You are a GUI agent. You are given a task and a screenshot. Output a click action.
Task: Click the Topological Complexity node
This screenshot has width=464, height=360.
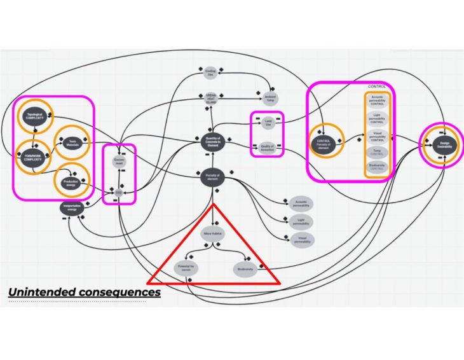coord(34,116)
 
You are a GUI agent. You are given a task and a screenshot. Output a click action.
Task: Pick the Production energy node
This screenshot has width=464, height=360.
coord(71,183)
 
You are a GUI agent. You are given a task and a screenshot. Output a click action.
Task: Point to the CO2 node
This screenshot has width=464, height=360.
coord(119,191)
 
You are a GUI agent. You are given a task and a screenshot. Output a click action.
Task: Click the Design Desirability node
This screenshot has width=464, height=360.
coord(444,144)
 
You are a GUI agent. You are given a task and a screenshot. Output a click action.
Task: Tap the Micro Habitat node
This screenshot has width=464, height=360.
coord(212,234)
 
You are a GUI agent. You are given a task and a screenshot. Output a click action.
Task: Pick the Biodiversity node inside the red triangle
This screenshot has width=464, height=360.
coord(245,269)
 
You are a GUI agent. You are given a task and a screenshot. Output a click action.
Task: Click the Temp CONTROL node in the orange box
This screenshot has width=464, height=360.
coord(378,151)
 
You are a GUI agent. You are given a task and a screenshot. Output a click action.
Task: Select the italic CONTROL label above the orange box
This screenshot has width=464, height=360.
coord(378,86)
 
